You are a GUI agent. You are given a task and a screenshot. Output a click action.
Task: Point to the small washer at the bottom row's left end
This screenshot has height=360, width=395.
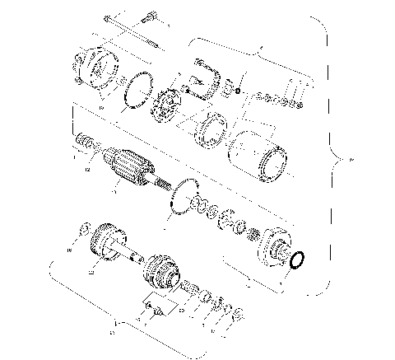[83, 227]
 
